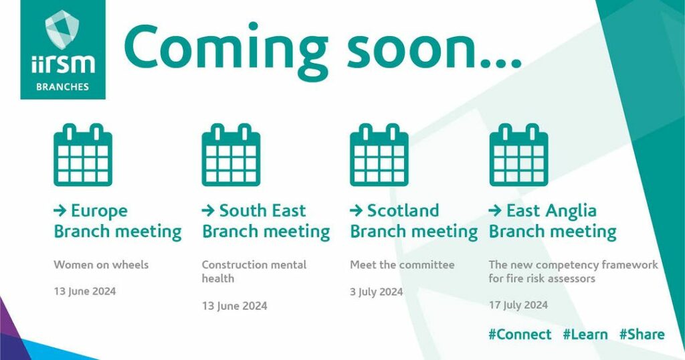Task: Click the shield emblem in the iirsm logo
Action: (x=62, y=29)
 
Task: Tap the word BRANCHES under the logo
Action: (x=62, y=86)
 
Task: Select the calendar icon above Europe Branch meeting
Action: (x=83, y=155)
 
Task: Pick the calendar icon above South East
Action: (x=231, y=155)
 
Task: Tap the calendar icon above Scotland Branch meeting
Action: (x=379, y=155)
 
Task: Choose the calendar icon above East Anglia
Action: (x=518, y=155)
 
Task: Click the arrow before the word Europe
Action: (x=60, y=211)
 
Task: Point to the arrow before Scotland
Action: (x=357, y=211)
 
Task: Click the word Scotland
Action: (x=403, y=211)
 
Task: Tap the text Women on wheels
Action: (x=102, y=265)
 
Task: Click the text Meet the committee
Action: (x=402, y=265)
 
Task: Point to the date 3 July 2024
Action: (x=377, y=292)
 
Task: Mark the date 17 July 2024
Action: (x=518, y=305)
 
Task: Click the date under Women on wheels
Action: (x=85, y=291)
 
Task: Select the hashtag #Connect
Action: (x=520, y=335)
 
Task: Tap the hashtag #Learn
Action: (x=585, y=335)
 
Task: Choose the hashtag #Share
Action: (x=642, y=335)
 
